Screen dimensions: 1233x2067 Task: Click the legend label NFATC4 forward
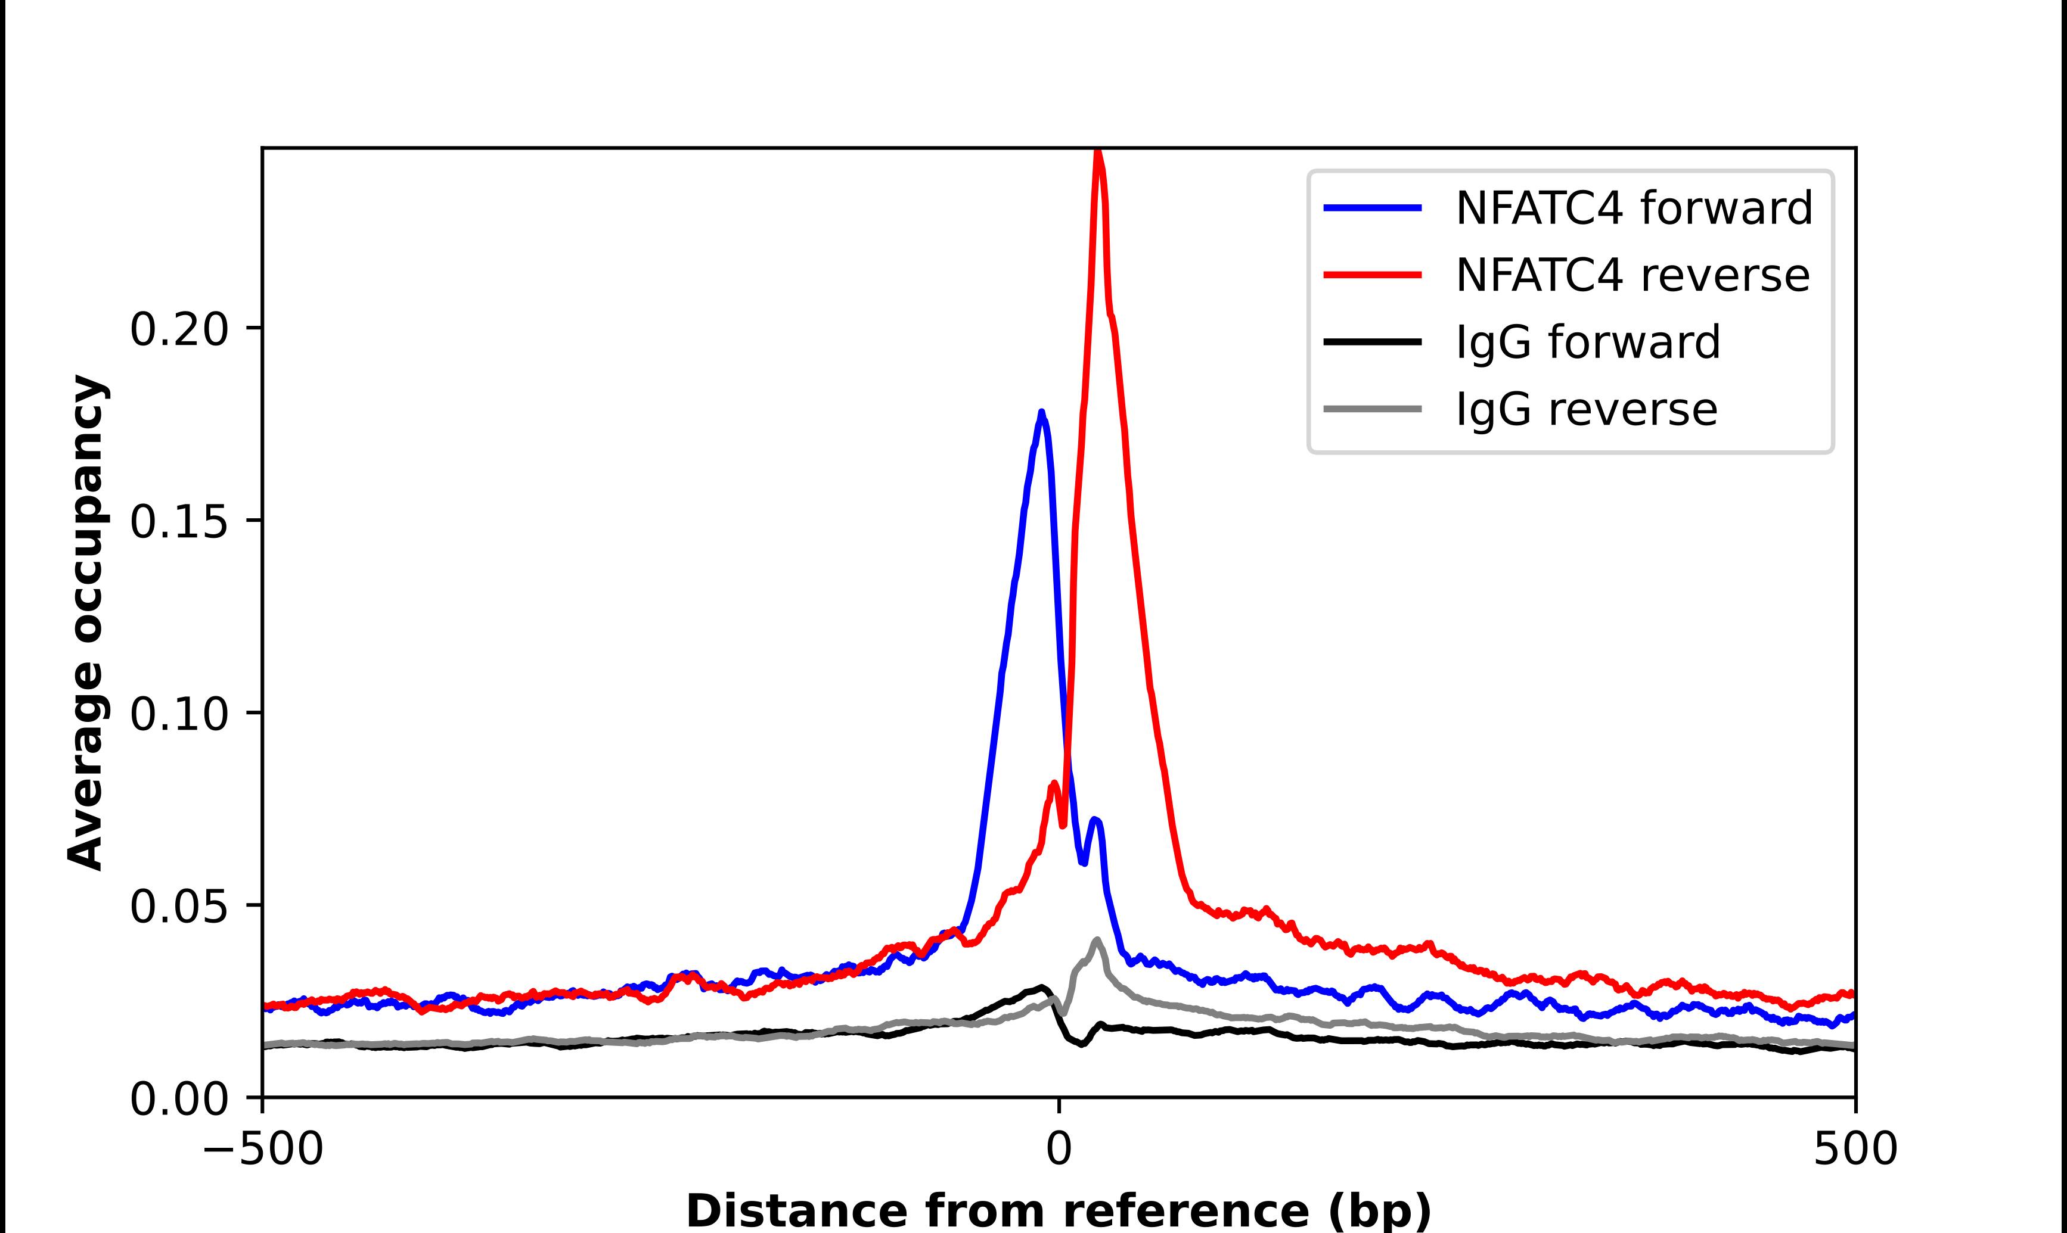[1633, 208]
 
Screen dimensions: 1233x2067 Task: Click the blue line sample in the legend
[1372, 208]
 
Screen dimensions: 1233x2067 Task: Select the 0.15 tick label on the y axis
[179, 522]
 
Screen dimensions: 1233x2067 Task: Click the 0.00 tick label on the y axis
[179, 1099]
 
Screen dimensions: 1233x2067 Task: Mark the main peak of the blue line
[1041, 413]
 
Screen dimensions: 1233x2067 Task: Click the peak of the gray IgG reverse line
[1097, 941]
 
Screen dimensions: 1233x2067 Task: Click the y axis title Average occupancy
[86, 623]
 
